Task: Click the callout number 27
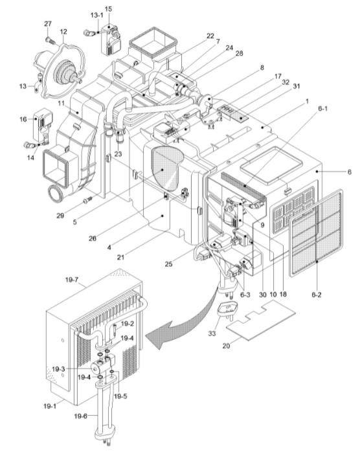[48, 24]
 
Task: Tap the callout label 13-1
[97, 16]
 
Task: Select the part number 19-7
[72, 280]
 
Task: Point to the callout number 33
[212, 333]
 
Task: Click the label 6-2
[316, 295]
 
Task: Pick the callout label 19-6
[81, 416]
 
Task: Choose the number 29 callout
[60, 216]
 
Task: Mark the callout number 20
[226, 345]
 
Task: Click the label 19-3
[58, 369]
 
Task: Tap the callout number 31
[296, 86]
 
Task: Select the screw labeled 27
[51, 40]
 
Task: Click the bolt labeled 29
[87, 199]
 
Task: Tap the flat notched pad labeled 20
[261, 320]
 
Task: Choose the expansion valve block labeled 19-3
[103, 364]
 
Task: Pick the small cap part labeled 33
[229, 309]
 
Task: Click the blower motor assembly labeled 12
[59, 69]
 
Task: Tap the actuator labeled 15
[110, 40]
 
